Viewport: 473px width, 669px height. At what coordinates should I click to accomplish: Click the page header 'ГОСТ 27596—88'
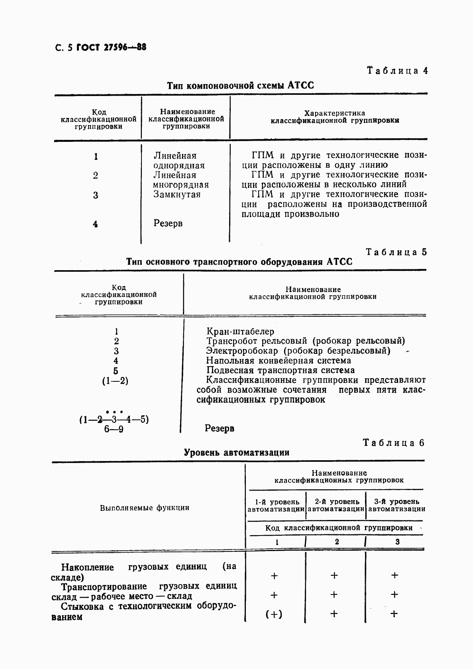111,47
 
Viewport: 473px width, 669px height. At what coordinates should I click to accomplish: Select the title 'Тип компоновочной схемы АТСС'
240,85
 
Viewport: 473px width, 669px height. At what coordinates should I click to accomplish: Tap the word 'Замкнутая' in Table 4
177,194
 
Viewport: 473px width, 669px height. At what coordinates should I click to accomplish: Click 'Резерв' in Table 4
168,224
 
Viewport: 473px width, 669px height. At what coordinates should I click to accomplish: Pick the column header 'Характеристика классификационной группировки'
335,117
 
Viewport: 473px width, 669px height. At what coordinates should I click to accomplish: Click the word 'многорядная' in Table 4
181,185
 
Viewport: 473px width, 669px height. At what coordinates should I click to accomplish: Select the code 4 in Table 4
95,224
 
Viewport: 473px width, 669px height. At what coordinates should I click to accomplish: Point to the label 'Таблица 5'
396,252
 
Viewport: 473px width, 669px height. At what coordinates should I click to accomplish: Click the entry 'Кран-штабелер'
240,332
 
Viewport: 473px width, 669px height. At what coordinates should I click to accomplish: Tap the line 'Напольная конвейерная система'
279,361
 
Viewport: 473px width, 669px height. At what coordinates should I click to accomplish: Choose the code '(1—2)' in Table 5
115,381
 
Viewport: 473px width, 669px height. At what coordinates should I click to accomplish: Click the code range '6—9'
114,430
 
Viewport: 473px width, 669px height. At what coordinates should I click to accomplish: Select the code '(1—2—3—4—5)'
114,420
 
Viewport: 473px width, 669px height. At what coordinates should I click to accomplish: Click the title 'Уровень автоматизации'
237,453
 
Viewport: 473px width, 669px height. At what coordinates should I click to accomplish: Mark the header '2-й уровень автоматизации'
336,505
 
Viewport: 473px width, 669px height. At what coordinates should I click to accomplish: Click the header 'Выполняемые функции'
145,508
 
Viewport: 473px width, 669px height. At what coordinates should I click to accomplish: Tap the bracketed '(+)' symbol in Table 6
274,614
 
